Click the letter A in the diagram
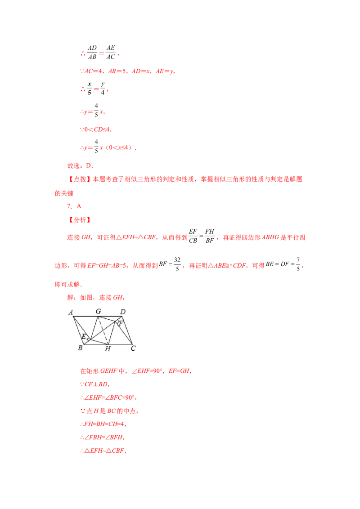pyautogui.click(x=71, y=312)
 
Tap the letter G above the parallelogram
pyautogui.click(x=98, y=311)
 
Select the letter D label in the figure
pyautogui.click(x=122, y=311)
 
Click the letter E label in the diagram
pyautogui.click(x=83, y=336)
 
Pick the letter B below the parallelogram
pyautogui.click(x=80, y=348)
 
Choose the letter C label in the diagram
pyautogui.click(x=133, y=348)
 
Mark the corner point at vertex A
pyautogui.click(x=73, y=317)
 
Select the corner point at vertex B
pyautogui.click(x=84, y=344)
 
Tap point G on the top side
pyautogui.click(x=99, y=317)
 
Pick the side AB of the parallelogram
pyautogui.click(x=78, y=330)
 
